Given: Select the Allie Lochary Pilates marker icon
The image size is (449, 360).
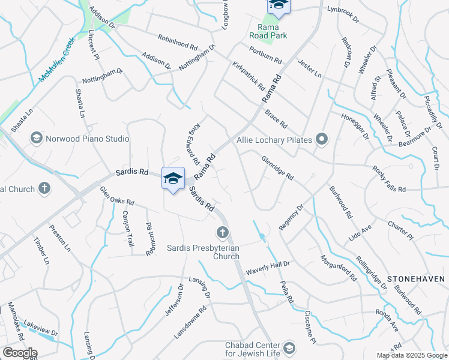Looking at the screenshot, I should [322, 140].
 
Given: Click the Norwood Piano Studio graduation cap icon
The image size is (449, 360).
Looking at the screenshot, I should [36, 139].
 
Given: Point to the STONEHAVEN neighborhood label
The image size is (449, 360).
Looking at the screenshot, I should [416, 279].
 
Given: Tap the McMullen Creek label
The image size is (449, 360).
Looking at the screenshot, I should [56, 61].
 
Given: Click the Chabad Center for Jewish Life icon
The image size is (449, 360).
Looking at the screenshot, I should [289, 348].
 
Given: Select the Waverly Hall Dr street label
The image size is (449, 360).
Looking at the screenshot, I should [267, 264].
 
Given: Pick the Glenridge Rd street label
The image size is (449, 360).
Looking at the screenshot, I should [277, 169].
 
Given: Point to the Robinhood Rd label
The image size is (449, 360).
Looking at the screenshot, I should [178, 42].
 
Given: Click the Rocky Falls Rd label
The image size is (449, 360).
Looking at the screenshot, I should [388, 179].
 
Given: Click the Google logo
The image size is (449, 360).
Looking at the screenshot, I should [19, 353].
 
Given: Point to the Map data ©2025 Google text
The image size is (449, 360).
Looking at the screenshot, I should [412, 355].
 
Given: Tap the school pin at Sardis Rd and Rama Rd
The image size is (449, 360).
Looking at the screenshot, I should [173, 178].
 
